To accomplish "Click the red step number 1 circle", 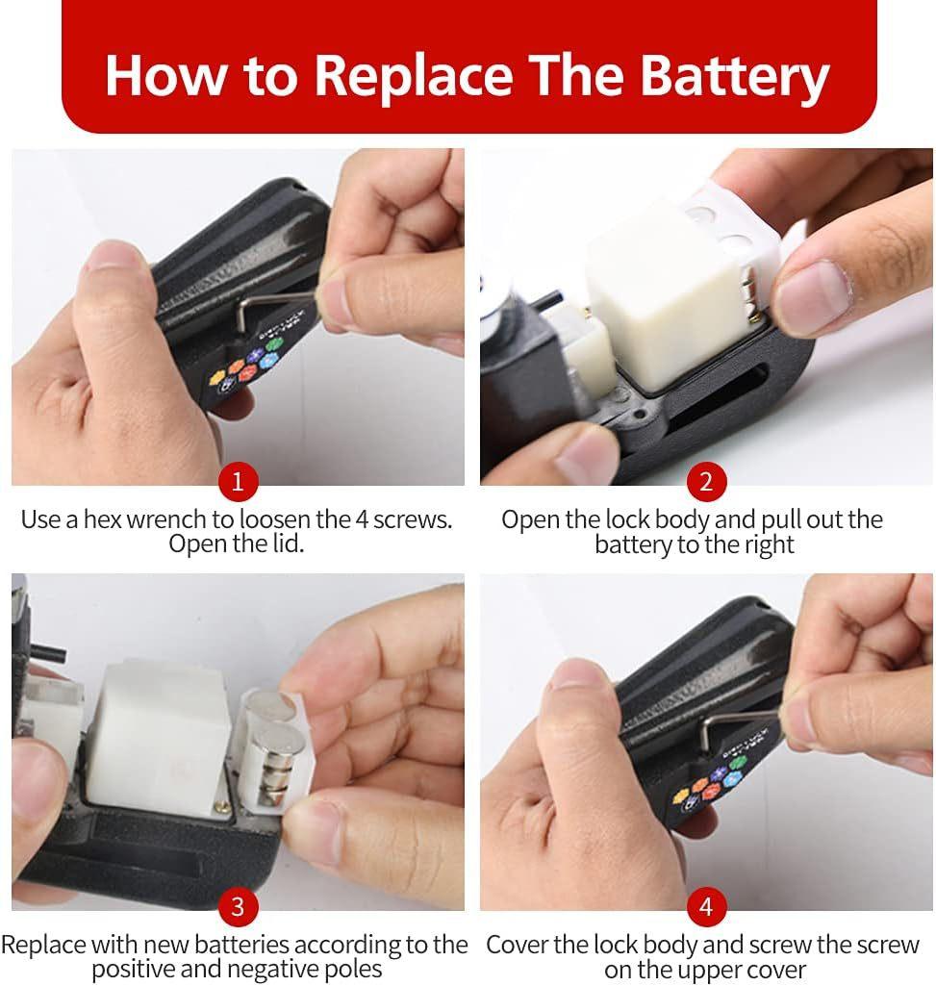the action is coord(238,482).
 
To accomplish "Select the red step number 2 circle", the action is coord(706,482).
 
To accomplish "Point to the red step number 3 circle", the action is coord(238,907).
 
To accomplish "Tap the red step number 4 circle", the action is coord(706,907).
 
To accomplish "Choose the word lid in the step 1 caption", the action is coord(287,544).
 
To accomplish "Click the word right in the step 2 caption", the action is coord(768,544).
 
